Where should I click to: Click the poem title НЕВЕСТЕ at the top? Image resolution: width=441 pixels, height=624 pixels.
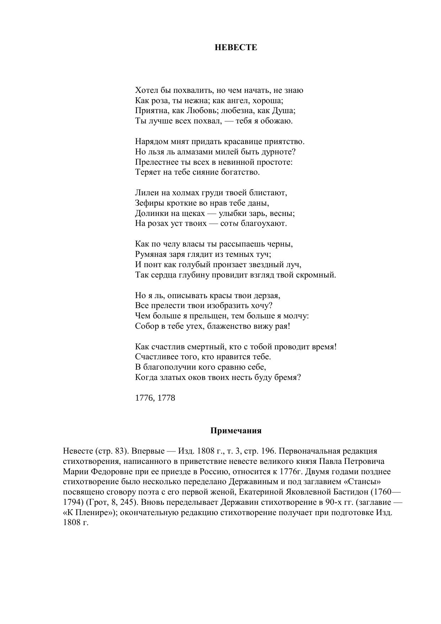pyautogui.click(x=236, y=47)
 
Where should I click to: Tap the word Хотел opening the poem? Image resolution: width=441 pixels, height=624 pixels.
pyautogui.click(x=145, y=90)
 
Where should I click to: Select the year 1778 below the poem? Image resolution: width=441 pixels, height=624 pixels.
pyautogui.click(x=166, y=398)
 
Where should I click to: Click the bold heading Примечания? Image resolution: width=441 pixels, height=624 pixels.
pyautogui.click(x=236, y=431)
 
